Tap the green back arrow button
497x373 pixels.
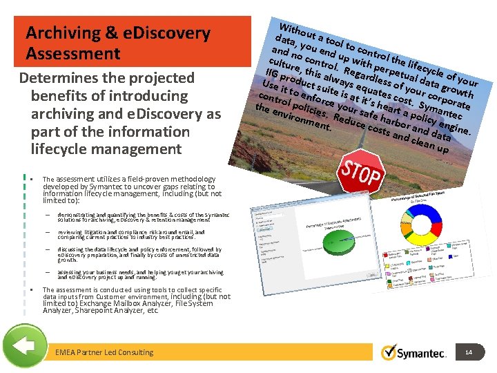[25, 346]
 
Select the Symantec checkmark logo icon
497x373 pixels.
[389, 352]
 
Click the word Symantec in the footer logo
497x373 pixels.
[422, 354]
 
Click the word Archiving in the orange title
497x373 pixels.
[59, 33]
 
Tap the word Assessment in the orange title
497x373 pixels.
[73, 54]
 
